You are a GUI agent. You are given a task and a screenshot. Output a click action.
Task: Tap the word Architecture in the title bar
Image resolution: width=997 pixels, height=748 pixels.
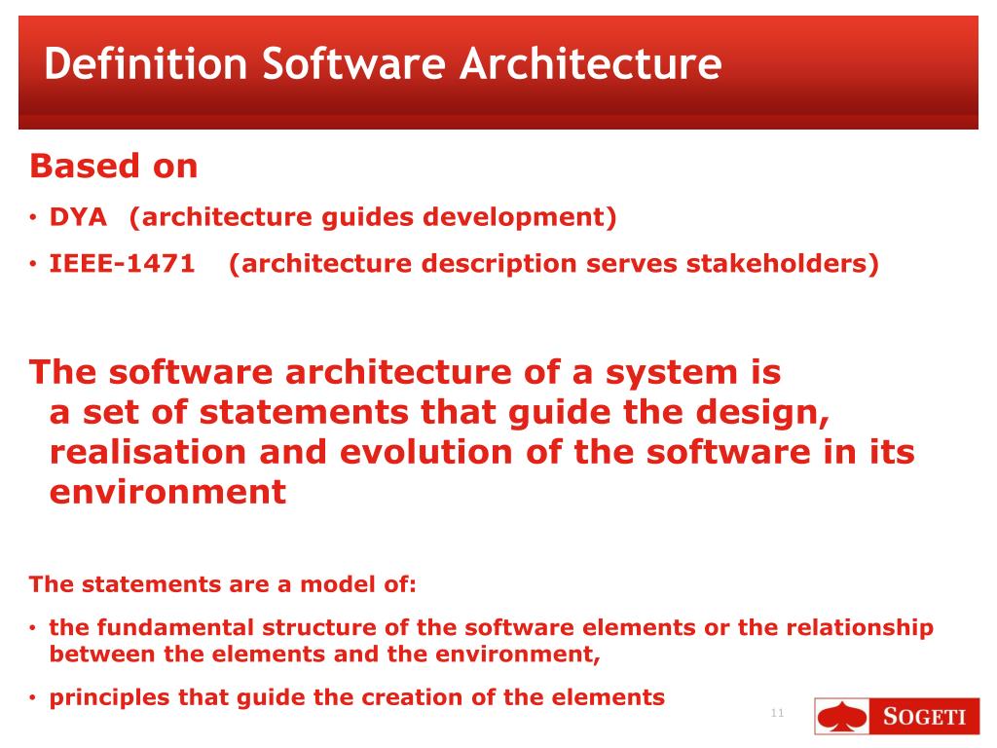tap(590, 64)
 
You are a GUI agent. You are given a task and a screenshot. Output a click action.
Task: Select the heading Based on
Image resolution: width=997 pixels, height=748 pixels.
tap(114, 167)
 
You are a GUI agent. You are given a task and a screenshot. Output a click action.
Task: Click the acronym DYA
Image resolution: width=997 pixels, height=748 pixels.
tap(78, 217)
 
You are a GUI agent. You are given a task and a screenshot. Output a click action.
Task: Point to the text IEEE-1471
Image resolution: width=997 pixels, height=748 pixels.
tap(122, 264)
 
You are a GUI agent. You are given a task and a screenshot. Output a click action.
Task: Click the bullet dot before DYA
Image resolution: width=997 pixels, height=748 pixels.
tap(34, 218)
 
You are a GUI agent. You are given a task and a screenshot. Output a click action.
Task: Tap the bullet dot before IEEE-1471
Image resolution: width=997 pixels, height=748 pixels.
tap(34, 265)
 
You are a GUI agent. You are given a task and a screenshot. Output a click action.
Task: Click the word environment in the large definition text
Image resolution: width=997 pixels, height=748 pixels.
tap(167, 492)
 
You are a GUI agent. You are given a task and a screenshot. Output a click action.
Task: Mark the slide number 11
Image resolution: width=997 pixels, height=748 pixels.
tap(777, 714)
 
